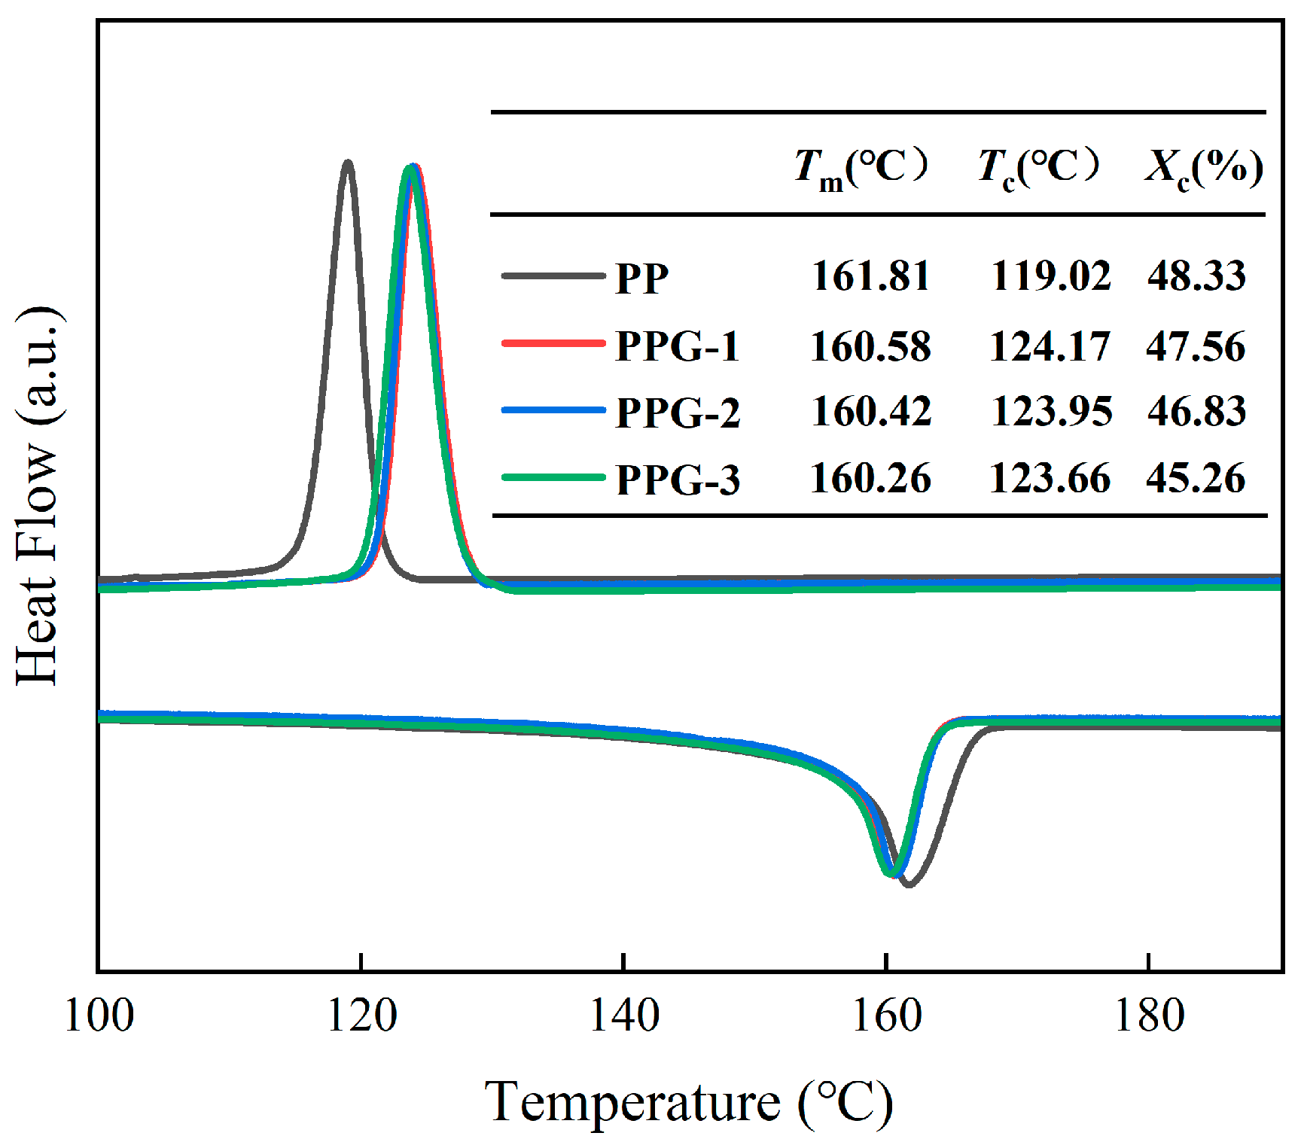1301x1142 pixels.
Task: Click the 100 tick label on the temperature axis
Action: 99,1016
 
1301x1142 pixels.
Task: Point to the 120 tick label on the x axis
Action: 361,1016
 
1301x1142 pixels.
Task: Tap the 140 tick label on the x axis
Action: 623,1016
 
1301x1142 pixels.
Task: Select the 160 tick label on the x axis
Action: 885,1016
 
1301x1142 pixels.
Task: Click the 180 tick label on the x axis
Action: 1148,1016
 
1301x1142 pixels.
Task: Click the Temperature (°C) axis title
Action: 688,1103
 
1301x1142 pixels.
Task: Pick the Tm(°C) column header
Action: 861,167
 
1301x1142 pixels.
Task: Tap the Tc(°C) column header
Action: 1037,167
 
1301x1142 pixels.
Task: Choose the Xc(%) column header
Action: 1203,167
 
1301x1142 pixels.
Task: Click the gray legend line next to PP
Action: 553,276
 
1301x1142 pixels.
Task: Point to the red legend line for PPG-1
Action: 553,343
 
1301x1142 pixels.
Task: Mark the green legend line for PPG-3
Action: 553,477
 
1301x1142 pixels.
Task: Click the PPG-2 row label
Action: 678,412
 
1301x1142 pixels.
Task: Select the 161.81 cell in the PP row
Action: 871,276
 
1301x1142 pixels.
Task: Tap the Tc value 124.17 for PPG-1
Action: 1050,346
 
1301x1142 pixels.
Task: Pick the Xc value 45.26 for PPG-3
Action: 1196,478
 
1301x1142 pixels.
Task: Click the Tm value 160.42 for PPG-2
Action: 871,411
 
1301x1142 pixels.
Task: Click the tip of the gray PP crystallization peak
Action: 348,162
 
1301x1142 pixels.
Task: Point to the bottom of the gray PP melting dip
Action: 909,885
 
